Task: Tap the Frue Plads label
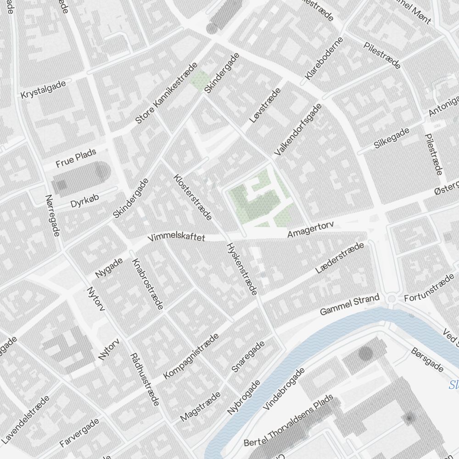click(x=76, y=158)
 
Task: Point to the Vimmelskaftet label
click(x=176, y=238)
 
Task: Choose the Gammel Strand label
click(x=350, y=305)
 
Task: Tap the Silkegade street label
click(x=392, y=138)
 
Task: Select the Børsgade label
click(x=427, y=360)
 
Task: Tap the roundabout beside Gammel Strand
click(x=392, y=299)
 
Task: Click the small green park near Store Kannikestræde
click(x=199, y=80)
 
